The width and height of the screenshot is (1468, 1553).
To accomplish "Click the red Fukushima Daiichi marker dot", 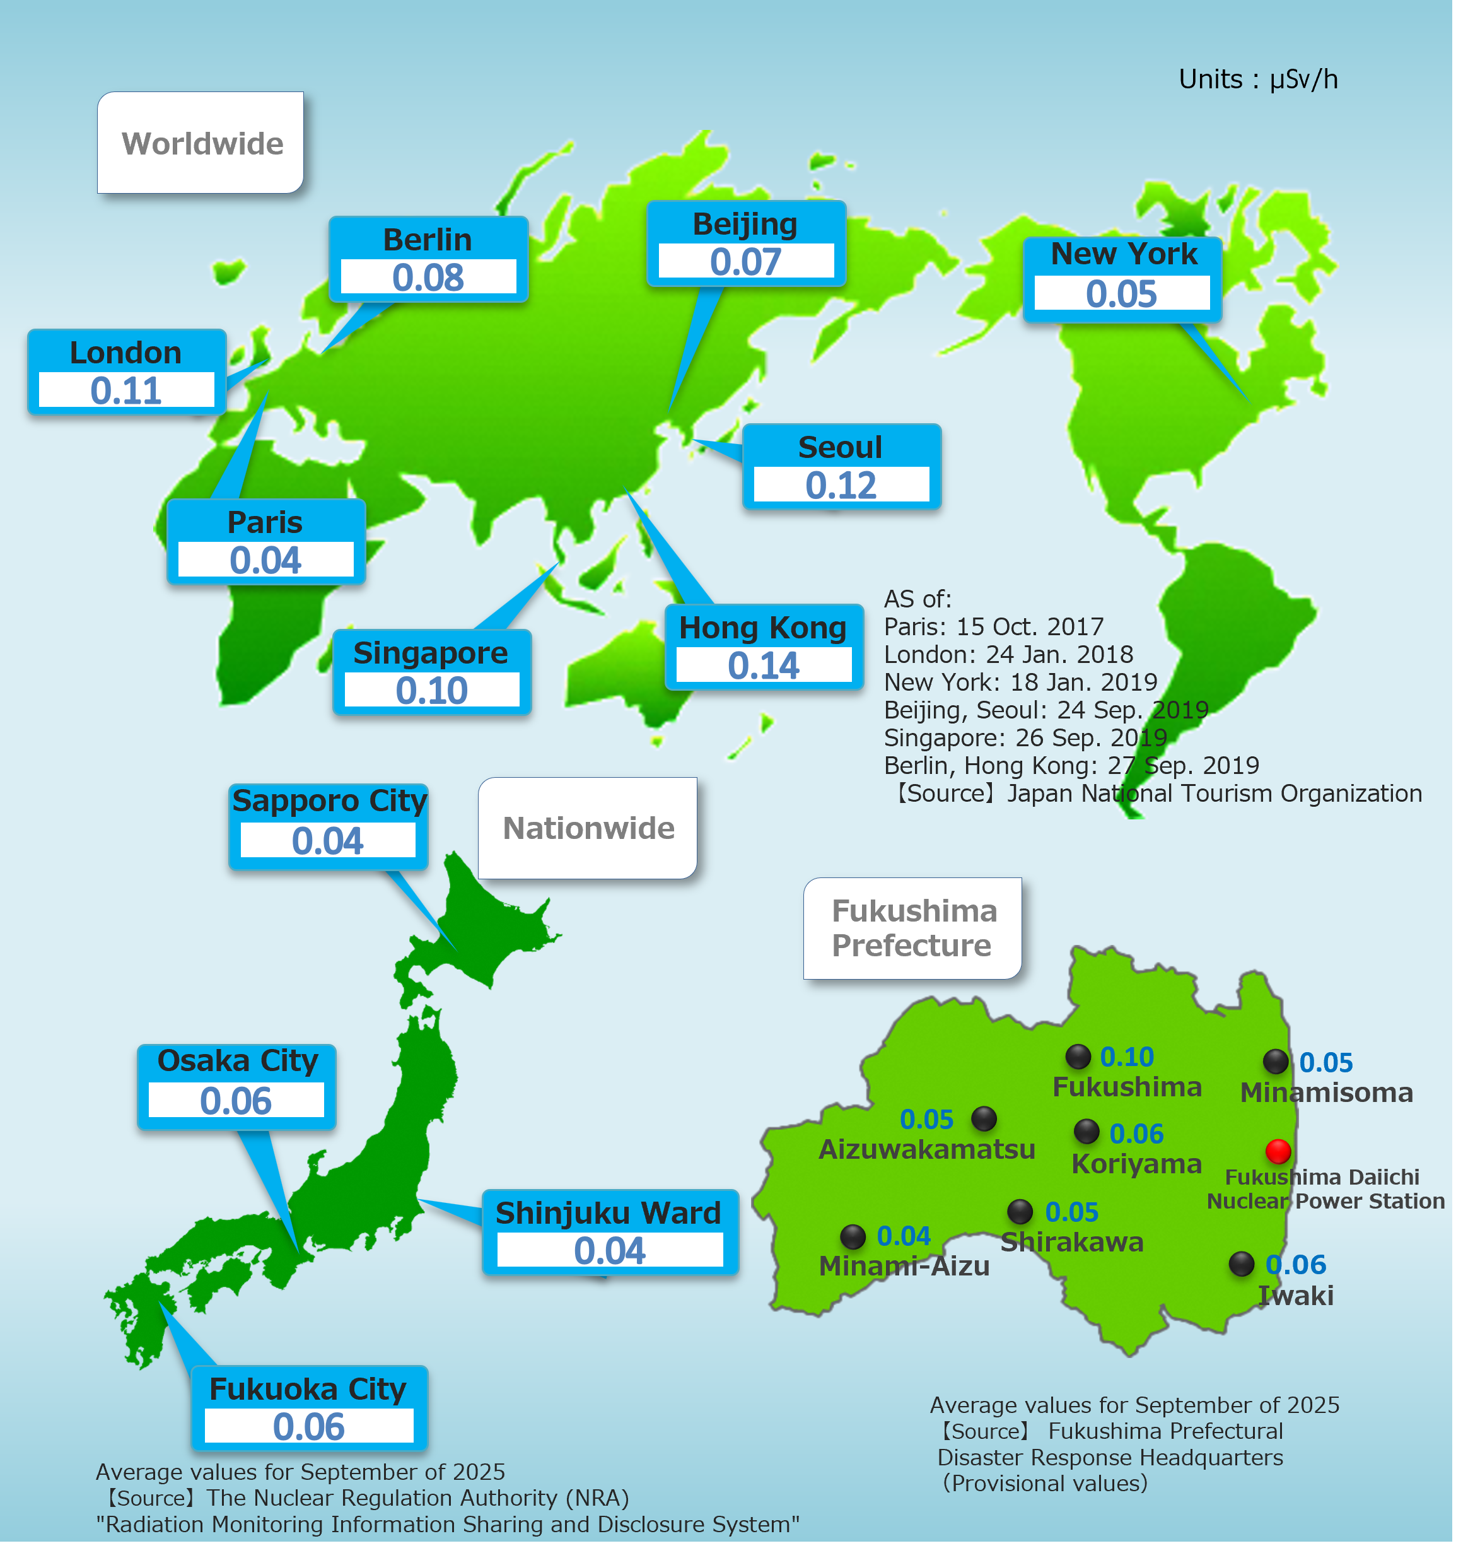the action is pyautogui.click(x=1277, y=1151).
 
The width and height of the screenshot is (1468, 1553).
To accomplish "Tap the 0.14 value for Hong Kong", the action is pyautogui.click(x=764, y=666).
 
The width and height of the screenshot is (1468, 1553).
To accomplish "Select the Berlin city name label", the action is pyautogui.click(x=428, y=240).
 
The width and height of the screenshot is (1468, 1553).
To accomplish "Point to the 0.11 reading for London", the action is pyautogui.click(x=126, y=390).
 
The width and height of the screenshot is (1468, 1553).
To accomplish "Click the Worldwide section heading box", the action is pyautogui.click(x=201, y=143).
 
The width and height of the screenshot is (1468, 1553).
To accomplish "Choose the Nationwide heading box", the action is pyautogui.click(x=588, y=828).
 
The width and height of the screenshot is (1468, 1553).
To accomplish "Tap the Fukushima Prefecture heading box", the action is pyautogui.click(x=912, y=929).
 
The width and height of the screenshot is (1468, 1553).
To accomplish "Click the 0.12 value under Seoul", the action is pyautogui.click(x=841, y=485).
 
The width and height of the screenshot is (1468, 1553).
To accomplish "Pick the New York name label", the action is pyautogui.click(x=1124, y=254).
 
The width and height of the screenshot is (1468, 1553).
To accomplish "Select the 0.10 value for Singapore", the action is pyautogui.click(x=432, y=690).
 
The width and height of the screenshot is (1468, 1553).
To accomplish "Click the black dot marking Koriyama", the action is pyautogui.click(x=1086, y=1130).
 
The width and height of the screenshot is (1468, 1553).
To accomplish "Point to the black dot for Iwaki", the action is pyautogui.click(x=1241, y=1263).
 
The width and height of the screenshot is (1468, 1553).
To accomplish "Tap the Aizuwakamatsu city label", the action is pyautogui.click(x=926, y=1149).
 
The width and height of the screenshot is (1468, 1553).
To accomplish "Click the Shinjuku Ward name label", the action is pyautogui.click(x=608, y=1212).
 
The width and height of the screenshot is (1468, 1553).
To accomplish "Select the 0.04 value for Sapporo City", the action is pyautogui.click(x=328, y=841).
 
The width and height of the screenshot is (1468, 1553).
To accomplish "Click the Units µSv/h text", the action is pyautogui.click(x=1257, y=79).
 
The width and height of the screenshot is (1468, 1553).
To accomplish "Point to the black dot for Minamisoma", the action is pyautogui.click(x=1276, y=1062).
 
